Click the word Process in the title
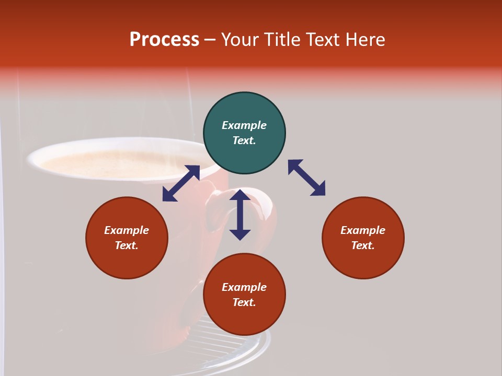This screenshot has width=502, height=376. pos(164,40)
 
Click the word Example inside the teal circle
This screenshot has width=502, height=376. pos(244,125)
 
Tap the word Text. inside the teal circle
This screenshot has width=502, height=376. pos(244,140)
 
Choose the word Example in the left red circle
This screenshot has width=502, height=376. pos(127,230)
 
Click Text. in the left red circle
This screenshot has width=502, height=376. pos(127,245)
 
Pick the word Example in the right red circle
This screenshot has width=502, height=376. pos(363,230)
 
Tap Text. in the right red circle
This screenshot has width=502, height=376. pos(363,245)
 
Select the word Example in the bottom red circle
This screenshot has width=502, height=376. pos(244,287)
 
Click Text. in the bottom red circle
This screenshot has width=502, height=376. pos(244,302)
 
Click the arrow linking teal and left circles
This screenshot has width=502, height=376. pos(181,183)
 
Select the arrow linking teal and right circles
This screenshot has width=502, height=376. pos(306,178)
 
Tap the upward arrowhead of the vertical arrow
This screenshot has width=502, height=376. pos(240,195)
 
